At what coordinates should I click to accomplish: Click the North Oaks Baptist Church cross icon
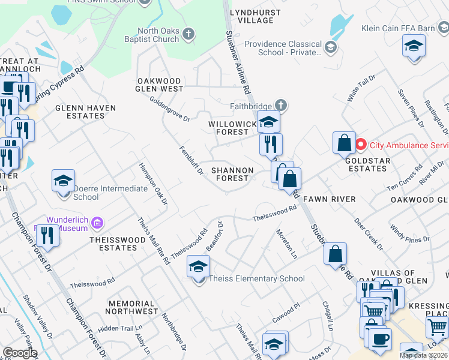[x=188, y=34]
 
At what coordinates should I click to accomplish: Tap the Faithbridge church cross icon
[x=280, y=106]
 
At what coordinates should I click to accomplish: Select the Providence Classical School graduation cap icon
[x=330, y=46]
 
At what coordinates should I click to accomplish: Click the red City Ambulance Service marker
[x=361, y=145]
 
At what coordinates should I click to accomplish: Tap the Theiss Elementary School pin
[x=198, y=267]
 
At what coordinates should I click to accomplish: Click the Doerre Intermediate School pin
[x=63, y=181]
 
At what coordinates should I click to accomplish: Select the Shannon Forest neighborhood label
[x=232, y=174]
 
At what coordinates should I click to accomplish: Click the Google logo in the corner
[x=19, y=353]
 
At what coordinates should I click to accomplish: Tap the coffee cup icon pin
[x=379, y=340]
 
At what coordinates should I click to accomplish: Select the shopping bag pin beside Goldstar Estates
[x=345, y=143]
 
